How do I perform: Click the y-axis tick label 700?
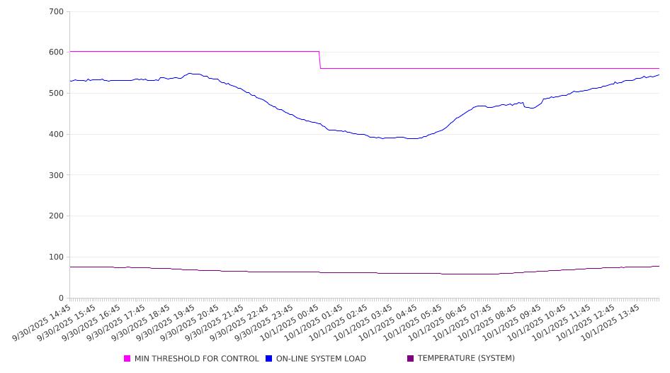[x=56, y=12]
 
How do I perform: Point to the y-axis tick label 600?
[x=56, y=52]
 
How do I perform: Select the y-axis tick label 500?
[x=56, y=94]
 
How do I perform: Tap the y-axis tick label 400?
[x=56, y=135]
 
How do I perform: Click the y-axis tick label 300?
[x=56, y=175]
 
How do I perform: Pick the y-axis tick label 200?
[x=56, y=216]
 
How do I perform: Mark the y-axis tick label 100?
[x=56, y=257]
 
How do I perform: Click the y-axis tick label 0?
[x=61, y=299]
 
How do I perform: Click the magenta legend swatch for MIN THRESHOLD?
[x=127, y=359]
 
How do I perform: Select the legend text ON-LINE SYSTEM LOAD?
[x=321, y=359]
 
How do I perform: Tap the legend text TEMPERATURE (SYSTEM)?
[x=466, y=359]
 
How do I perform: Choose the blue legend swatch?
[x=269, y=359]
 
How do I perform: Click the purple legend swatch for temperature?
[x=411, y=359]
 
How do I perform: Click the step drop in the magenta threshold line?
[x=320, y=60]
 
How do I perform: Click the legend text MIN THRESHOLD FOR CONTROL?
[x=196, y=359]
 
